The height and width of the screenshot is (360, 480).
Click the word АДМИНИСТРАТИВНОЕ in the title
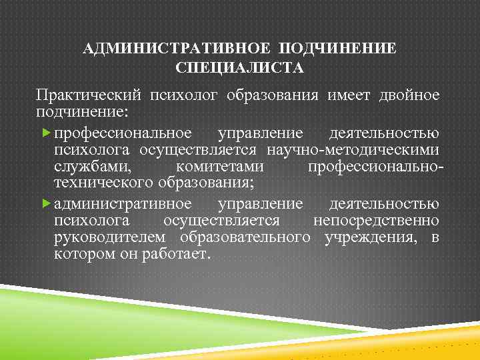177,49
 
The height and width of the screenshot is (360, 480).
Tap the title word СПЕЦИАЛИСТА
239,68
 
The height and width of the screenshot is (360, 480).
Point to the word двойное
411,95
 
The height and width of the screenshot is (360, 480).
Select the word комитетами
219,165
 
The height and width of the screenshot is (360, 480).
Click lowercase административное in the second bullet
123,203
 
